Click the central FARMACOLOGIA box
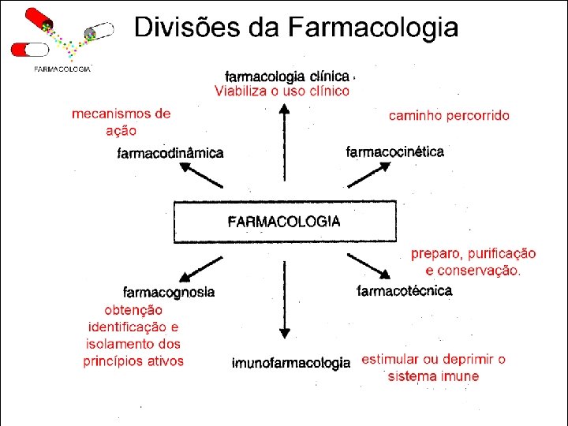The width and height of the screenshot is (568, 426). (284, 222)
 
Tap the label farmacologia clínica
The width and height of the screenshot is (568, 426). (287, 77)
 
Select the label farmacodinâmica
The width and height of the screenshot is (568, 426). (170, 153)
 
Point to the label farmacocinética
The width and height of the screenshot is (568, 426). (395, 151)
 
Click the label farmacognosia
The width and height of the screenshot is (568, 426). (169, 292)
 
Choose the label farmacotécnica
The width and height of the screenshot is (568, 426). (405, 291)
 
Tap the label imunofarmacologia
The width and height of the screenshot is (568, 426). (290, 364)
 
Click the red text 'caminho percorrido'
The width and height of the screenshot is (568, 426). (449, 115)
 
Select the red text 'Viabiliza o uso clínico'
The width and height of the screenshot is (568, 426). (282, 92)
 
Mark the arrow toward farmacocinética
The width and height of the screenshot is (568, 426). (368, 174)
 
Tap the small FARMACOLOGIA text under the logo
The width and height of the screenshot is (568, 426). (62, 69)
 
